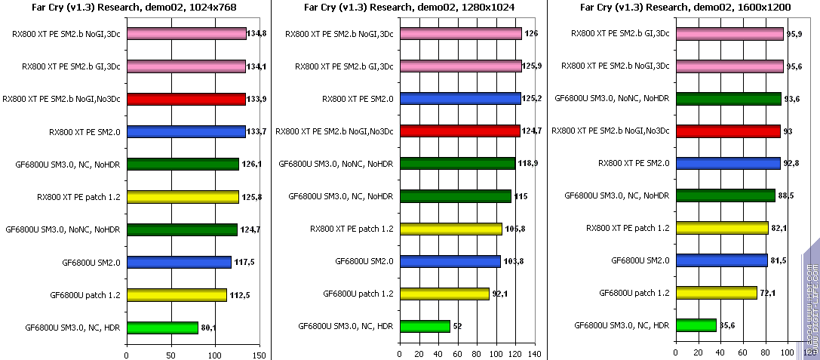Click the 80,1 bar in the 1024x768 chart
162,328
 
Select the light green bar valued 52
425,326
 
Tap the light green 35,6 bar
696,325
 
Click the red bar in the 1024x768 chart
186,99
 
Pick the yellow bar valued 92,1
444,294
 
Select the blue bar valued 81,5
721,260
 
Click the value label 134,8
259,33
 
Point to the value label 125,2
532,99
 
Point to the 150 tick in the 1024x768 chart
260,353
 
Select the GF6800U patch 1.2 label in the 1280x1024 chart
358,294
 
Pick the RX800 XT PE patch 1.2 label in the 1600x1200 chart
628,228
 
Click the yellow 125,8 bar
183,197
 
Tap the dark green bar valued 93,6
728,99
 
